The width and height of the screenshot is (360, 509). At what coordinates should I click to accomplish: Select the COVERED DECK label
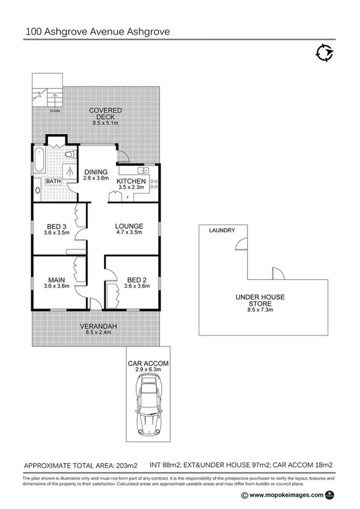105,110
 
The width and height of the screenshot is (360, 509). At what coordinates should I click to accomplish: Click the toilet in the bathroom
69,155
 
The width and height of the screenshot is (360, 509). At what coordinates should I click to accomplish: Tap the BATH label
53,180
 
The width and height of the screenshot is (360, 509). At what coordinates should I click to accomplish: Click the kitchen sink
132,169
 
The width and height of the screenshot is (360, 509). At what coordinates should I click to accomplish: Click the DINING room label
95,171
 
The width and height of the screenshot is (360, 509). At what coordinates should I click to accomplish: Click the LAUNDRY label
222,230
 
